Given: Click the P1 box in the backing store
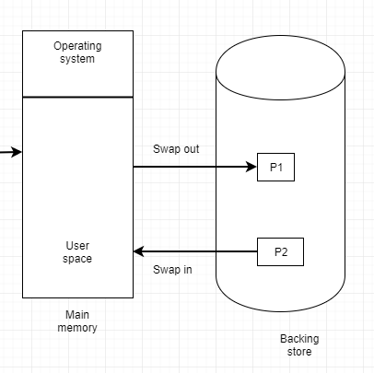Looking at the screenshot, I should (275, 168).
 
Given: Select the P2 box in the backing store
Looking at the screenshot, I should (280, 251).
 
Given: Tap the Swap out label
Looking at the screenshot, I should (176, 149).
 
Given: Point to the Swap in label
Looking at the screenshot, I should (172, 270).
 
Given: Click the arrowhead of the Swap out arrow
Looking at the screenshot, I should (251, 168).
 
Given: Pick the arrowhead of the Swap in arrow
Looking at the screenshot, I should (139, 251).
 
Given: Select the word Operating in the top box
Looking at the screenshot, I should (77, 46).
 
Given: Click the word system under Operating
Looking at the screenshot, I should (77, 59).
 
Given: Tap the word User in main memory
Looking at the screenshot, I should (77, 246).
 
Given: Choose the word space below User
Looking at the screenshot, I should (77, 259).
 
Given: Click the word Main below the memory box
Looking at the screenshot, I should (77, 314).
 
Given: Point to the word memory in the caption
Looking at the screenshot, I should (77, 327).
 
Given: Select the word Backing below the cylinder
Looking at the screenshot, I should (298, 339).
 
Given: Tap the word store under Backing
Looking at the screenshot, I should (298, 352).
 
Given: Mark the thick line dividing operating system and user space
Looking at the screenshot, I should (77, 97).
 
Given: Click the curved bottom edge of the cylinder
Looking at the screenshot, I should (280, 306).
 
